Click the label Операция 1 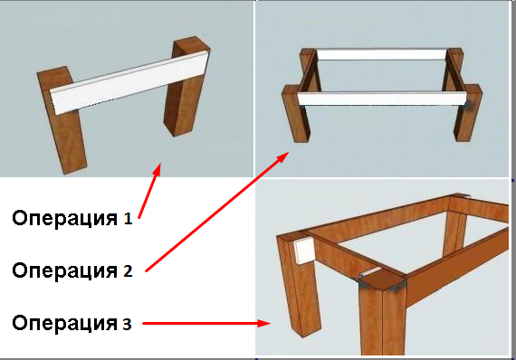coord(72,218)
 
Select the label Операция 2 coord(72,270)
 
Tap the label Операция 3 coord(72,323)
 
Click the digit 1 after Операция coord(129,219)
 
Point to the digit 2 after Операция coord(128,271)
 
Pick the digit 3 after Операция coord(127,324)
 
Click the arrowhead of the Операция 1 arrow coord(157,170)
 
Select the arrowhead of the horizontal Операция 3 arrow coord(264,323)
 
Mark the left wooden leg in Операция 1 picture coord(62,120)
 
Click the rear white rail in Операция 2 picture coord(382,54)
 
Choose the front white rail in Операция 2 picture coord(382,99)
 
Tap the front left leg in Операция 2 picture coord(295,113)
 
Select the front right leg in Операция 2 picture coord(468,113)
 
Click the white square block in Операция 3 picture coord(304,251)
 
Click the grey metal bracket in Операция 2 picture coord(469,105)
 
